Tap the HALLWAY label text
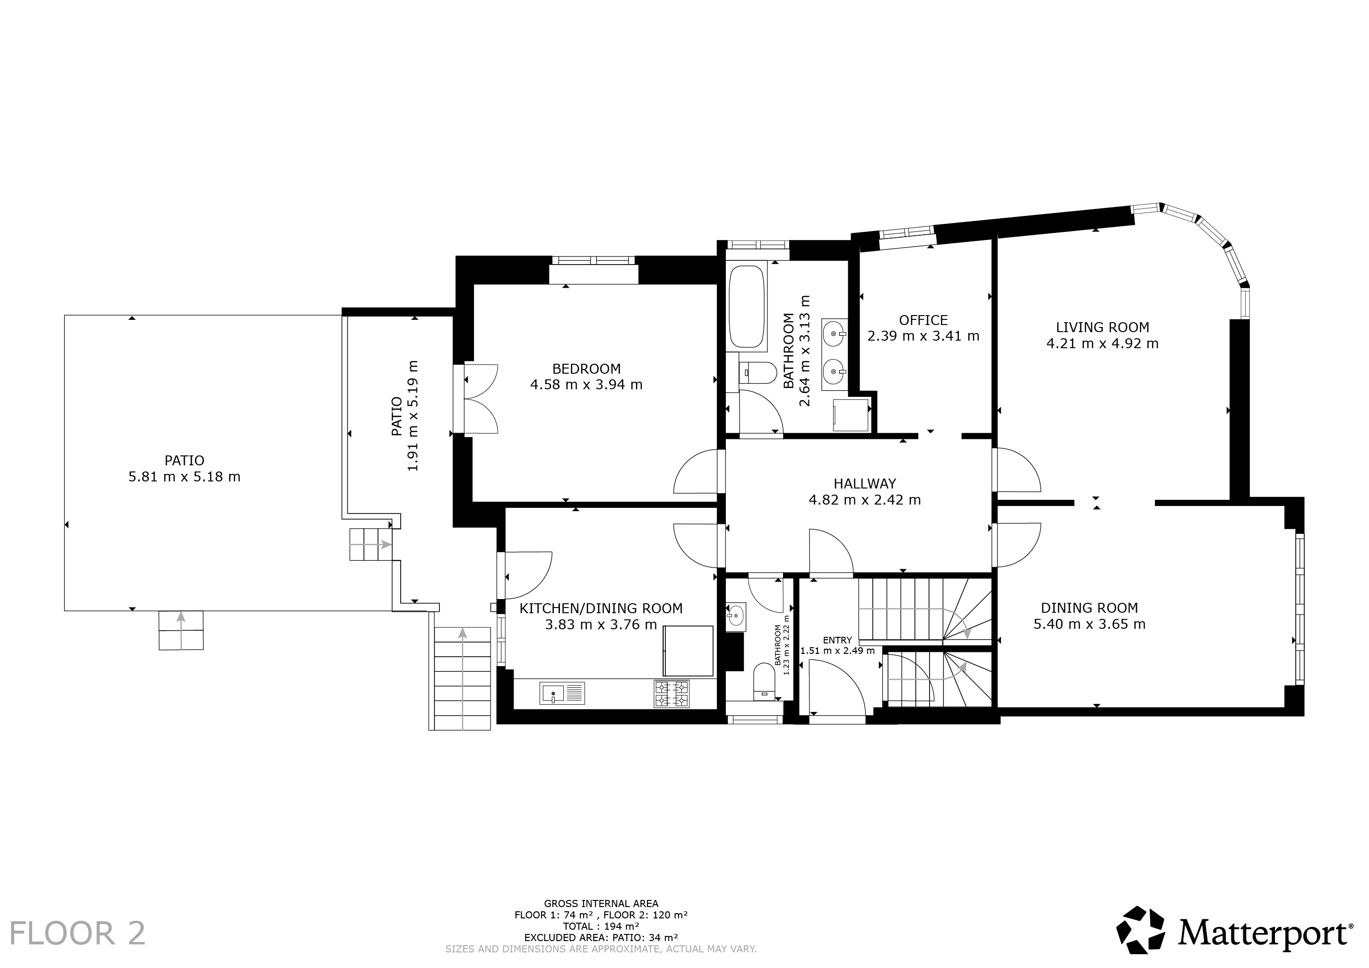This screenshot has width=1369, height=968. [x=865, y=484]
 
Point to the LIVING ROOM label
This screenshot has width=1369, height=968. [x=1102, y=327]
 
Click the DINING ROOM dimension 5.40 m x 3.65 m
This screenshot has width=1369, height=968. [x=1089, y=624]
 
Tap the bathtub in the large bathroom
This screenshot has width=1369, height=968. [x=747, y=307]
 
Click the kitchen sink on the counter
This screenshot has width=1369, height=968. [x=562, y=693]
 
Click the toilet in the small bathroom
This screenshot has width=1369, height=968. [x=763, y=681]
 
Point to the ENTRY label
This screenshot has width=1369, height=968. [x=837, y=640]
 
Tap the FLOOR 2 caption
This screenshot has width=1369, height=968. [x=77, y=934]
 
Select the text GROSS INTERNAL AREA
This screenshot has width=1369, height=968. [x=601, y=904]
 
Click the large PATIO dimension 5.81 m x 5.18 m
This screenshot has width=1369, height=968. [x=184, y=477]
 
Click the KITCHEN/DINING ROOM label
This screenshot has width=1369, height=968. [x=601, y=608]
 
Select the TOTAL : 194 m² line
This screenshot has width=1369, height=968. [x=601, y=926]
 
